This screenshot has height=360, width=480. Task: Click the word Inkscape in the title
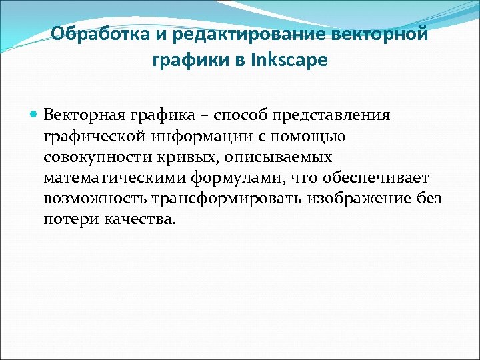(x=291, y=60)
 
